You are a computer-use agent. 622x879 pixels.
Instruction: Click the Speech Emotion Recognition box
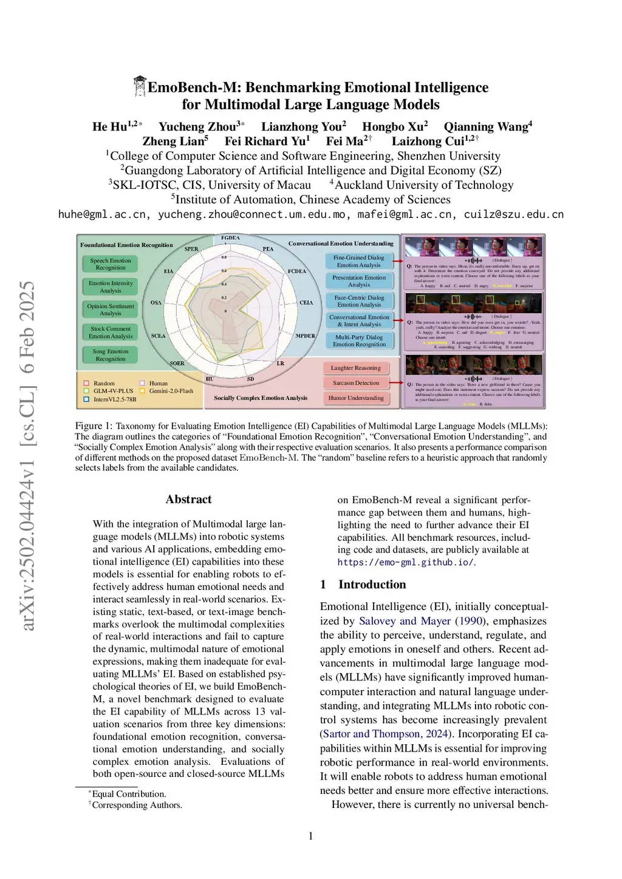point(111,264)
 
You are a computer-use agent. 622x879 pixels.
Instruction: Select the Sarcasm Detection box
point(355,383)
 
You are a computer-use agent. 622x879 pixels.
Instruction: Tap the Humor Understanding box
point(356,398)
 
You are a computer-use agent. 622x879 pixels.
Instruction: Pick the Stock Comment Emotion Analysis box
point(111,333)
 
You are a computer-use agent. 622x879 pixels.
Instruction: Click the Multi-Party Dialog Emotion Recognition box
point(359,341)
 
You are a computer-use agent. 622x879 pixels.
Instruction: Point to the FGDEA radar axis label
point(230,238)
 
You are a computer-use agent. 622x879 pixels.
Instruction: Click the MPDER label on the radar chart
point(305,336)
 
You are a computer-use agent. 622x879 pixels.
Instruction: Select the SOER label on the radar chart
point(177,363)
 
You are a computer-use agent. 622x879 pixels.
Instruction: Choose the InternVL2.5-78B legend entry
point(114,399)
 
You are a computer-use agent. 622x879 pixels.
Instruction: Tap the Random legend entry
point(104,383)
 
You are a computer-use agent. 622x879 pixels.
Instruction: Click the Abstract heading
point(188,499)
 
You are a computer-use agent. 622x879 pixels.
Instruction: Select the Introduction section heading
point(372,584)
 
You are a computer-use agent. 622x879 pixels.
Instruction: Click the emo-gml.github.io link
point(405,562)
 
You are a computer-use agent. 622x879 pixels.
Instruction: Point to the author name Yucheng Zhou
point(198,127)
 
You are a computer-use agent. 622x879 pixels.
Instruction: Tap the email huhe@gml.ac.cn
point(102,214)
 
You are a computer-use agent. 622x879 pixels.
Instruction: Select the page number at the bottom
point(311,836)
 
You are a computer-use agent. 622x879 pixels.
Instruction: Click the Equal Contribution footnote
point(129,794)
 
